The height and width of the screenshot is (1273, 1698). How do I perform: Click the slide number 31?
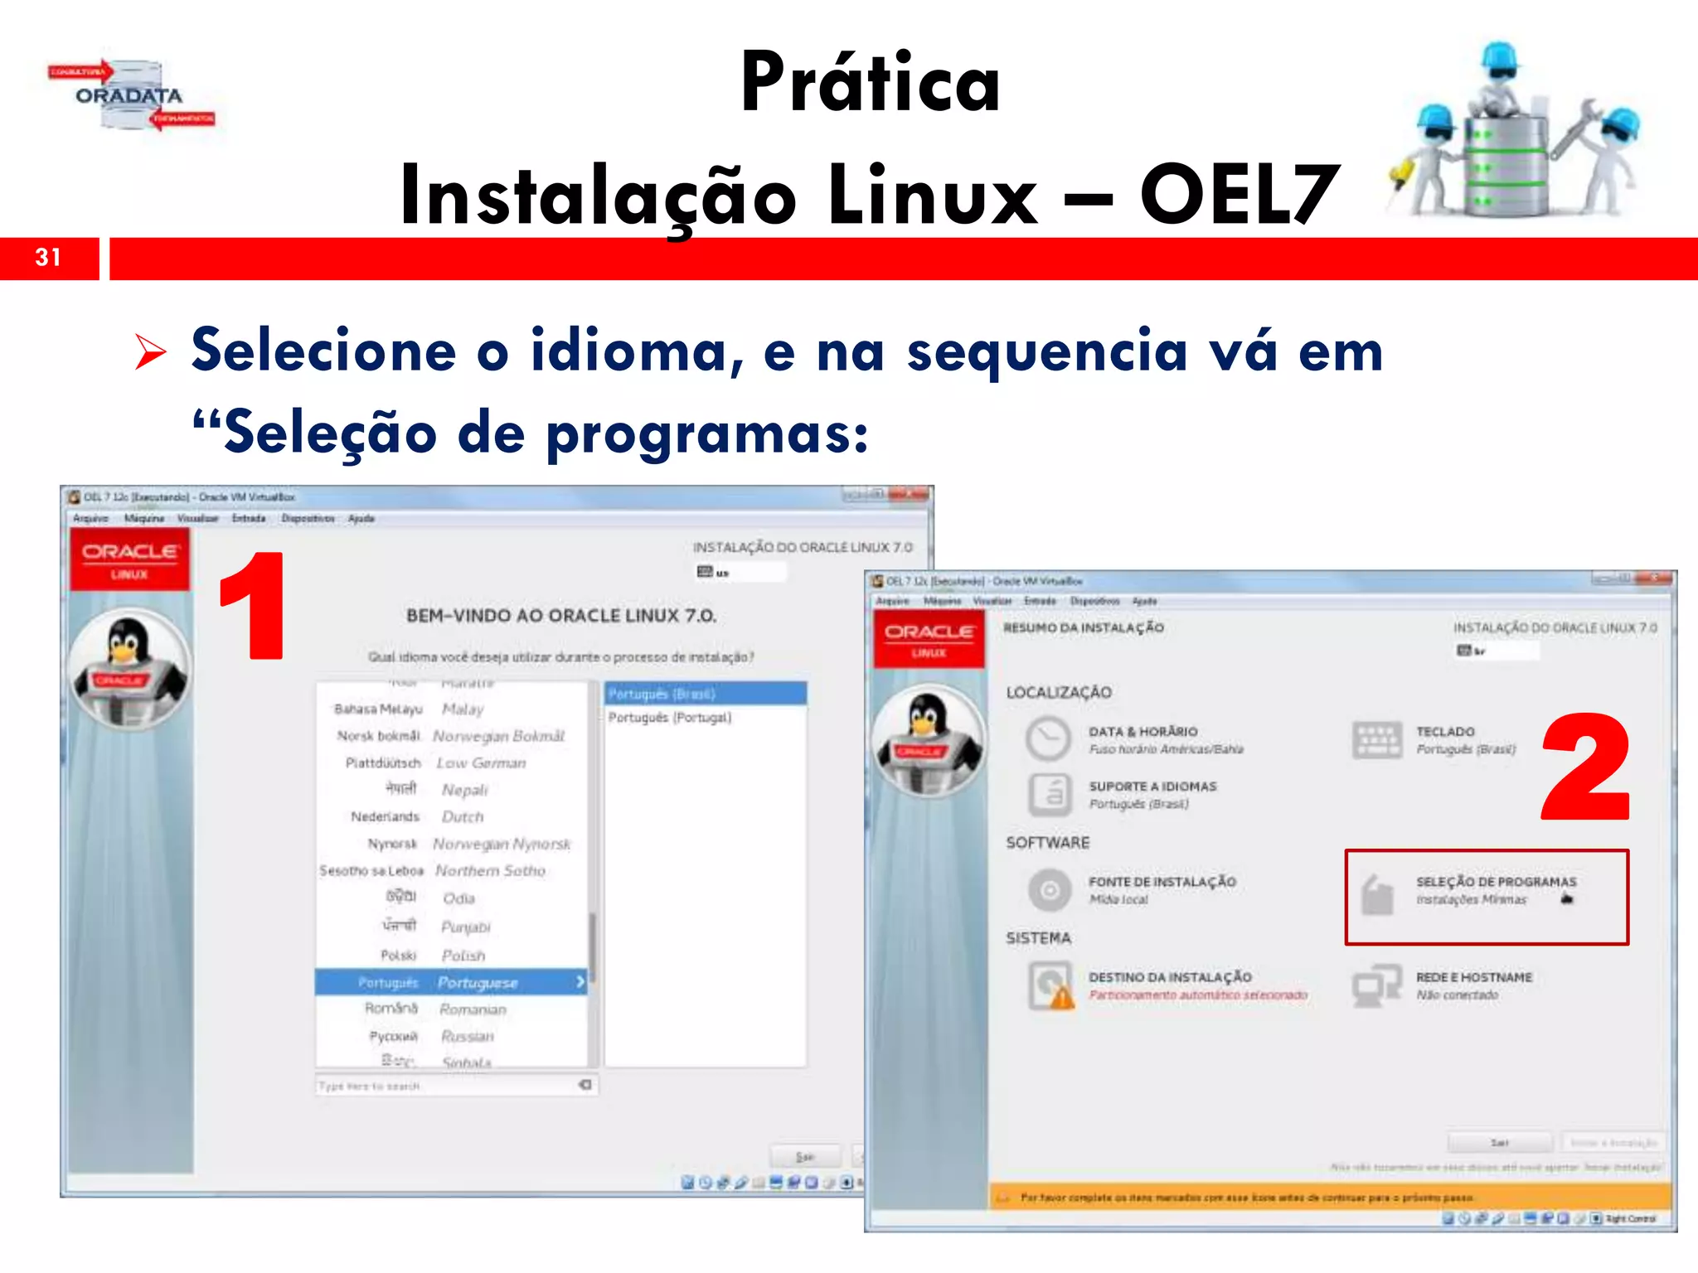48,258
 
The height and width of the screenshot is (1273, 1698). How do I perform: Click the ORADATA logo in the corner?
130,96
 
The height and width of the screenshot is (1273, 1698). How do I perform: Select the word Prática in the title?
871,82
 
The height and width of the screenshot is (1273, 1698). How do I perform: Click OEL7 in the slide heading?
1239,195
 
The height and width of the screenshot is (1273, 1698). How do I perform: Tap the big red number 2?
1585,766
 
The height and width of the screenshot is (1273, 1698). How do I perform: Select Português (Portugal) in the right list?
670,718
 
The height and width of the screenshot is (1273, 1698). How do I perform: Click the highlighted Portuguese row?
451,982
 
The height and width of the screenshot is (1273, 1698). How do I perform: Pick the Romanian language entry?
473,1009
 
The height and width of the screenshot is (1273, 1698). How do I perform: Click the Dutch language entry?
462,817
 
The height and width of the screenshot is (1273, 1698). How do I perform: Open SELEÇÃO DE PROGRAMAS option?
1495,883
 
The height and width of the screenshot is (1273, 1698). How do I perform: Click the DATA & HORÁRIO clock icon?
1048,738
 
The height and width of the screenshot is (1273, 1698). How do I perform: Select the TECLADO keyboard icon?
1376,739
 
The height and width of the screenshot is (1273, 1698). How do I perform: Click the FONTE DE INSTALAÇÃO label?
1162,883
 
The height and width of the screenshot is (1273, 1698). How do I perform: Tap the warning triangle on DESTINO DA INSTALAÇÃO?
1061,999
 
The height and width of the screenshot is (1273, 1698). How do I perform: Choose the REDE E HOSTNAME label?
1473,978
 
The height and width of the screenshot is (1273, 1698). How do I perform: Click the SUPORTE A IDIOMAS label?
1152,787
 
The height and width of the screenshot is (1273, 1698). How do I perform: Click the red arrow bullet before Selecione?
151,352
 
